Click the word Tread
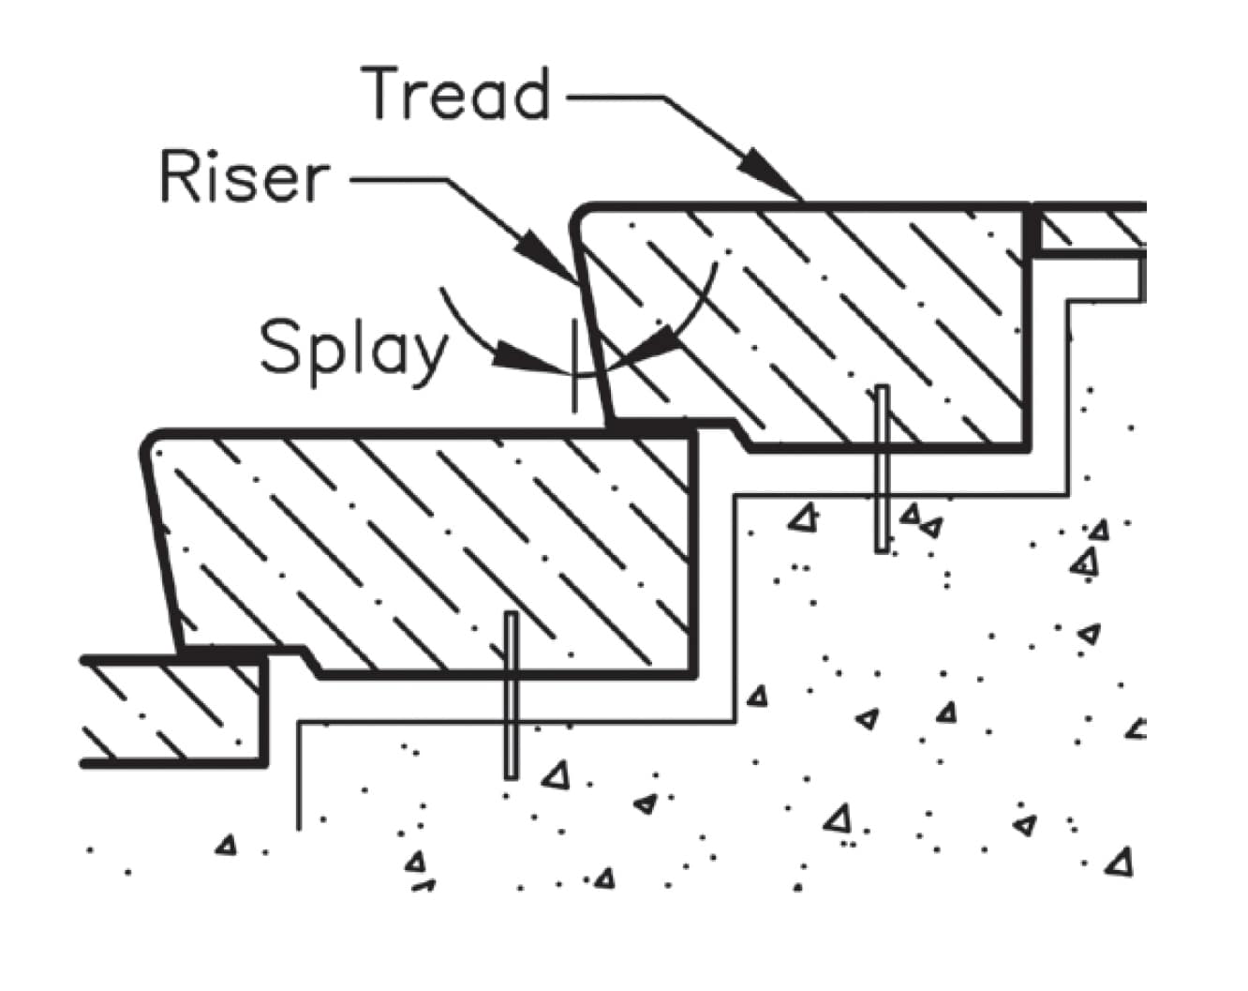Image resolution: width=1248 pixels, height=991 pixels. (456, 94)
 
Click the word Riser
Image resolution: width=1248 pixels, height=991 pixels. (245, 178)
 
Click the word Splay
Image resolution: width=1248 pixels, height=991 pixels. (354, 348)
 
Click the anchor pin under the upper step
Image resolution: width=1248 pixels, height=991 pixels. (881, 469)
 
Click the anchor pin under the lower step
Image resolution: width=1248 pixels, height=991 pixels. (511, 694)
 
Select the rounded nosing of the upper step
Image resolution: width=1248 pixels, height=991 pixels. (583, 216)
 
